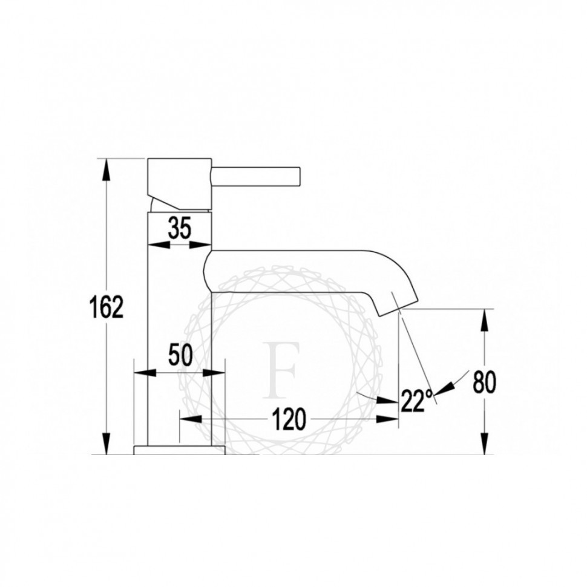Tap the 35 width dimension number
point(179,228)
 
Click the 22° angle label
point(416,401)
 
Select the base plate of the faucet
point(179,450)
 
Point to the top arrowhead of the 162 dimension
point(107,169)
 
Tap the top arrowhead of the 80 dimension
point(484,320)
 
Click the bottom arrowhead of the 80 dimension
point(484,444)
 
